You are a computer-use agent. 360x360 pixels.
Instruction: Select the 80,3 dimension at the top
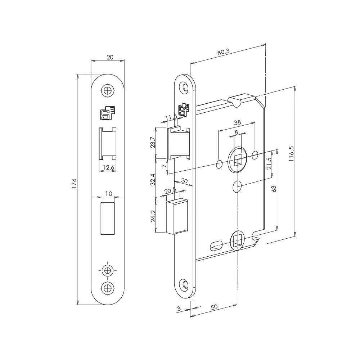click(224, 52)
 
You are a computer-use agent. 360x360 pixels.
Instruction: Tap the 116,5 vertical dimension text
click(291, 154)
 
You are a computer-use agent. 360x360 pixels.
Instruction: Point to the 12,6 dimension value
click(108, 167)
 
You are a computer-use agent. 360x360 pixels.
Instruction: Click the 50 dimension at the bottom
click(214, 307)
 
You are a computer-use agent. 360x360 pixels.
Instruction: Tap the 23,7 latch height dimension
click(153, 143)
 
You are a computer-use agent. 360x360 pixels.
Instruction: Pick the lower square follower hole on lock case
click(237, 240)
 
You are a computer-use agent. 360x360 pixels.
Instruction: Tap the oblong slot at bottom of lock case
click(216, 246)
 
